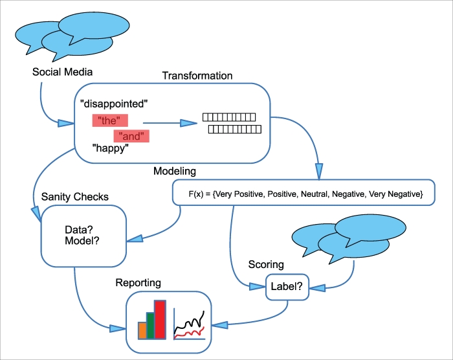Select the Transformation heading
click(x=197, y=76)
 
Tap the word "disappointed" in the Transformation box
click(x=115, y=103)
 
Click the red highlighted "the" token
click(x=109, y=120)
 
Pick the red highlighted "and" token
click(x=131, y=136)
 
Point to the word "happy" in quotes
click(x=111, y=150)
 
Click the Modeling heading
click(x=175, y=172)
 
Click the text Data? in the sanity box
click(x=80, y=229)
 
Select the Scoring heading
click(x=266, y=265)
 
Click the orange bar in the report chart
click(x=142, y=330)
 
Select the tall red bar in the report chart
click(x=160, y=319)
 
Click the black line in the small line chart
click(x=194, y=321)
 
